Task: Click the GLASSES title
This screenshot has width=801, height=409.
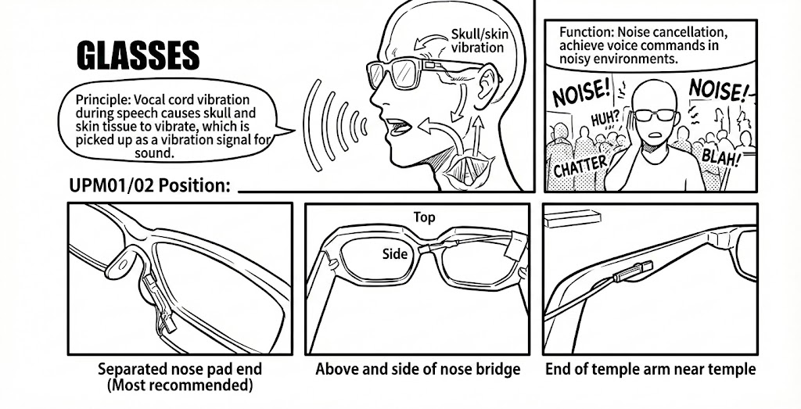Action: pos(138,56)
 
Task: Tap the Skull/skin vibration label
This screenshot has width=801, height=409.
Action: pos(477,41)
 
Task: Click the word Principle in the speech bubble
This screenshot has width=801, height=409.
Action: pos(102,100)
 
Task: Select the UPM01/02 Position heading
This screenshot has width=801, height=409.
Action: pos(149,186)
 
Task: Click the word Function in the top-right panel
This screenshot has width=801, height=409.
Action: pos(585,33)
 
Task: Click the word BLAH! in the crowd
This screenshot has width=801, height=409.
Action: pos(720,156)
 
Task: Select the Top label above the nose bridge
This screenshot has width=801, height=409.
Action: pos(424,217)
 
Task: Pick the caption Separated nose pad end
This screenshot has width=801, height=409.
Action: pos(179,368)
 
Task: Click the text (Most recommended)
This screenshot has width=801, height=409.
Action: pos(179,386)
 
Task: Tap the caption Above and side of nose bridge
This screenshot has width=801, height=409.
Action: pos(418,368)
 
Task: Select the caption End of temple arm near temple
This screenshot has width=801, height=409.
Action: pos(650,368)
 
